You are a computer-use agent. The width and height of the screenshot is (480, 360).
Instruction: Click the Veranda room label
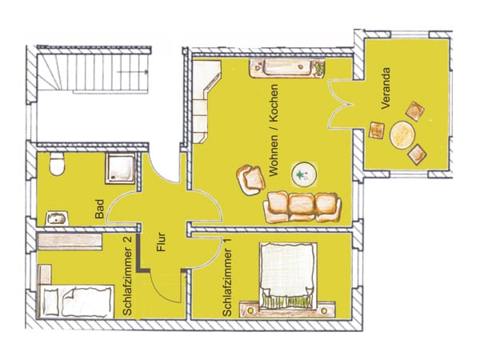pos(386,89)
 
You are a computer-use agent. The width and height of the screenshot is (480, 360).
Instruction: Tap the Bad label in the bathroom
pos(99,209)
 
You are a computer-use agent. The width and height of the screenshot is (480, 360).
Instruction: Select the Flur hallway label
pos(161,242)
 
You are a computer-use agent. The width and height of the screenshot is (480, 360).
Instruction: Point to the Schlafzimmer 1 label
pos(227,278)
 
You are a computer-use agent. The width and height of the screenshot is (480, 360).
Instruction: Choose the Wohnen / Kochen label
pos(274,130)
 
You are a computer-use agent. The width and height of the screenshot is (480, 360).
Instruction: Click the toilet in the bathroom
pos(57,164)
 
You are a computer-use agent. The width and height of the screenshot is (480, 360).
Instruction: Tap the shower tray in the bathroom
pos(120,169)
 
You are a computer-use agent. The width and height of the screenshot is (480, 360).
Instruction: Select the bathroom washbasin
pos(58,218)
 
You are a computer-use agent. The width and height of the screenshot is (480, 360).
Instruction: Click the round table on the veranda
pos(402,135)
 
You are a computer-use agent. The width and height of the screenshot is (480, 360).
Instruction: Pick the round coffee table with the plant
pos(304,174)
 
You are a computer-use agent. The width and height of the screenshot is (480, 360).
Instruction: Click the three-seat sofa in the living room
pos(302,207)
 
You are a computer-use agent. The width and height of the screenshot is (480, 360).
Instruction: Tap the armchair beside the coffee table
pos(250,180)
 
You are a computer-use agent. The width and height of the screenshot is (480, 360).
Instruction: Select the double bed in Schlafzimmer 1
pos(287,276)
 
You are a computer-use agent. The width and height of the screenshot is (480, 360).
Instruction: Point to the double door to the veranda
pos(340,104)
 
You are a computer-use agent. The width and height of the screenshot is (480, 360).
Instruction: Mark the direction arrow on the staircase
pos(133,72)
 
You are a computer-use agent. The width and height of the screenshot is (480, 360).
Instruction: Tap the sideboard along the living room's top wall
pos(287,69)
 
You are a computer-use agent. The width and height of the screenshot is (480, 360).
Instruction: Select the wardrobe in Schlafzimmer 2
pos(70,242)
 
